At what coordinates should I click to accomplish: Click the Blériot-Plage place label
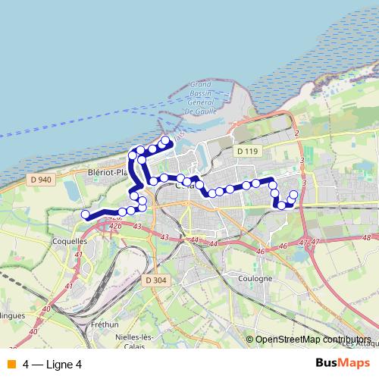109,173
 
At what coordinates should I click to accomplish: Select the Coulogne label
255,278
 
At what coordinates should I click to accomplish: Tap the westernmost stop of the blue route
86,215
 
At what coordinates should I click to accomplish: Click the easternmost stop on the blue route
294,195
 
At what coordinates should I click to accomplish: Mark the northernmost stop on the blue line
165,140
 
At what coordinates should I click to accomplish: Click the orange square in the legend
11,364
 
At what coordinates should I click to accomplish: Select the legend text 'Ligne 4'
64,364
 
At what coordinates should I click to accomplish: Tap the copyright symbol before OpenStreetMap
249,340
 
